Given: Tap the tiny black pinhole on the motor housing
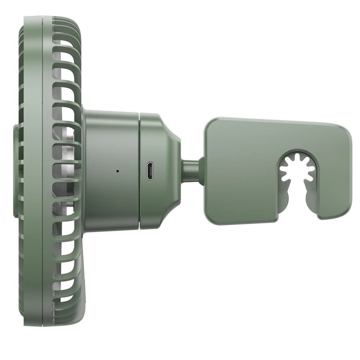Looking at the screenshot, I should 117,171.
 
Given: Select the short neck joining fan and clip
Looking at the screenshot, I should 190,171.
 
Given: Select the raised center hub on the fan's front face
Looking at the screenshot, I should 16,171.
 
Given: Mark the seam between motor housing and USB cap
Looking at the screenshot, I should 139,171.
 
